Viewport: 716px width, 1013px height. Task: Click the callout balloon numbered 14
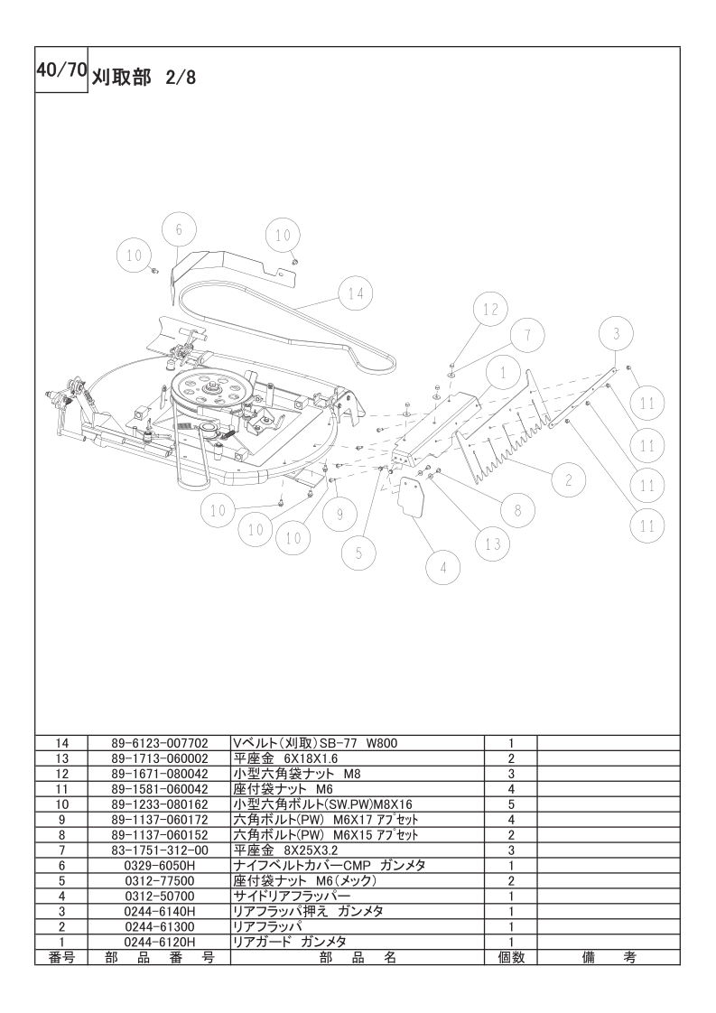pos(356,294)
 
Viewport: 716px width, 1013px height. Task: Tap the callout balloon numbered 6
pos(179,229)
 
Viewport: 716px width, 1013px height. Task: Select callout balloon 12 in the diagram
pos(490,310)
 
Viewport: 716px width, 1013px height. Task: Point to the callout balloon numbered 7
pos(527,335)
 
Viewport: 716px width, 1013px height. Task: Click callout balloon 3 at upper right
pos(616,334)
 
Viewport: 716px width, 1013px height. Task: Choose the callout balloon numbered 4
pos(443,569)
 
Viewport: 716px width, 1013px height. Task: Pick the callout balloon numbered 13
pos(492,544)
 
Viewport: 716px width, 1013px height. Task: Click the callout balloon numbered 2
pos(568,480)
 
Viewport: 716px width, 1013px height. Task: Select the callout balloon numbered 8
pos(517,510)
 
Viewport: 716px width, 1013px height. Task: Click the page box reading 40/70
pos(60,70)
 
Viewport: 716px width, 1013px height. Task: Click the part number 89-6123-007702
pos(160,743)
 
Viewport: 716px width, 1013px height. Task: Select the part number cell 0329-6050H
pos(160,865)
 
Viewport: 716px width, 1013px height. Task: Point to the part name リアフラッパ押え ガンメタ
pos(308,911)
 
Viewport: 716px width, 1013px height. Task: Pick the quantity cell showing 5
pos(510,804)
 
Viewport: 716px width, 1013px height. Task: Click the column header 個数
pos(510,957)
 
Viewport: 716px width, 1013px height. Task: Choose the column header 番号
pos(62,957)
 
